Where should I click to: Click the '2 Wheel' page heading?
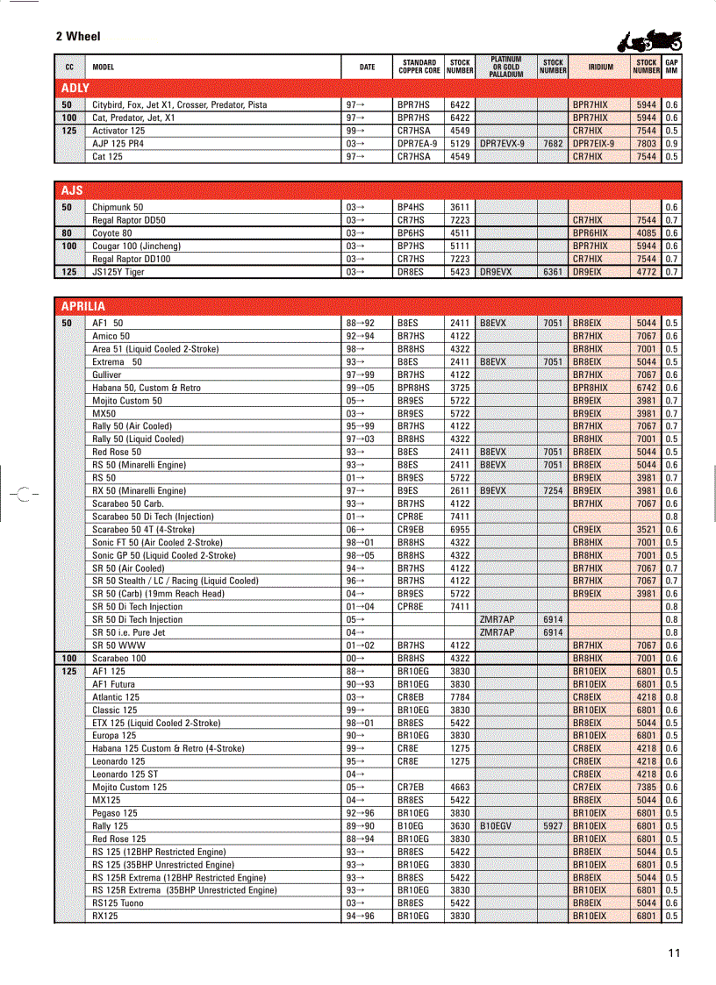click(78, 37)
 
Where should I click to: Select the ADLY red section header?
click(75, 88)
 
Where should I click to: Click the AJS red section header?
click(72, 190)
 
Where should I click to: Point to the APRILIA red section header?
click(82, 306)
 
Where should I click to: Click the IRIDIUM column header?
click(600, 67)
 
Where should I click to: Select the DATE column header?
click(367, 67)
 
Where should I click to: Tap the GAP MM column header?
click(671, 67)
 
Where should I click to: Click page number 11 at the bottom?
click(673, 953)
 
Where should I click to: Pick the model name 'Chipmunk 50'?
click(118, 208)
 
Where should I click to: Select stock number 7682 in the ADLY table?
click(553, 143)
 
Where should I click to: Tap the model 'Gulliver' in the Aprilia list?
click(107, 375)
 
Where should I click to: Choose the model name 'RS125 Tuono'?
click(118, 903)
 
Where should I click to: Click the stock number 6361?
click(553, 272)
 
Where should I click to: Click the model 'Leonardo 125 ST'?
click(125, 774)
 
